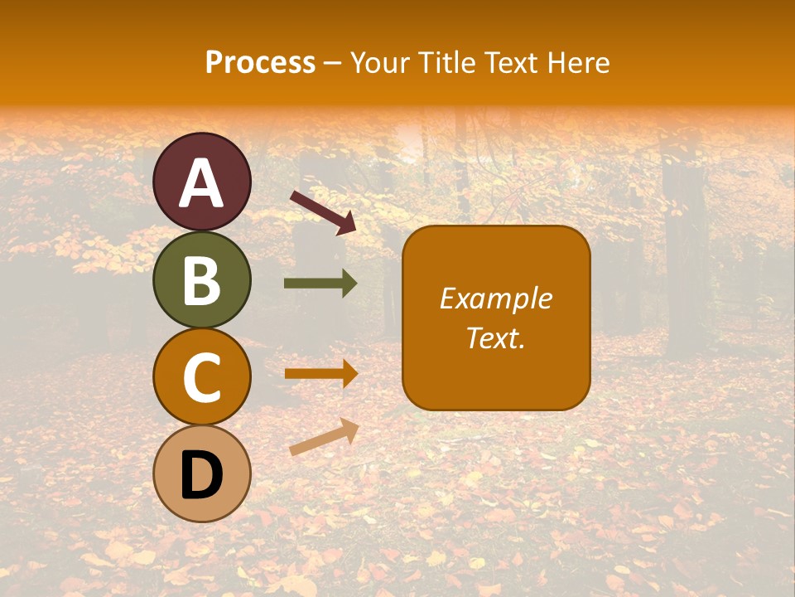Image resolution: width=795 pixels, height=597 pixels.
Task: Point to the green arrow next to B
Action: coord(320,284)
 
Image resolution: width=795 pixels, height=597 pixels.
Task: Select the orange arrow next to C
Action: coord(320,373)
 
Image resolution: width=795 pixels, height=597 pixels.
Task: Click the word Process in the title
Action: coord(260,63)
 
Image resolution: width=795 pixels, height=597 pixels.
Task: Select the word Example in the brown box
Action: coord(496,298)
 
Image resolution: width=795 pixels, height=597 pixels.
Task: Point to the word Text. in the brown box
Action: coord(496,337)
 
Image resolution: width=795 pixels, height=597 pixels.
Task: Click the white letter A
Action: coord(201,183)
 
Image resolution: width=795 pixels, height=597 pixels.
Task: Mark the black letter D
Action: coord(201,475)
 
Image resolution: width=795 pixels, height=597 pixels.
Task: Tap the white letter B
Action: coord(201,280)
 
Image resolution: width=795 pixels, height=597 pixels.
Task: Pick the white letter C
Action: coord(201,377)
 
